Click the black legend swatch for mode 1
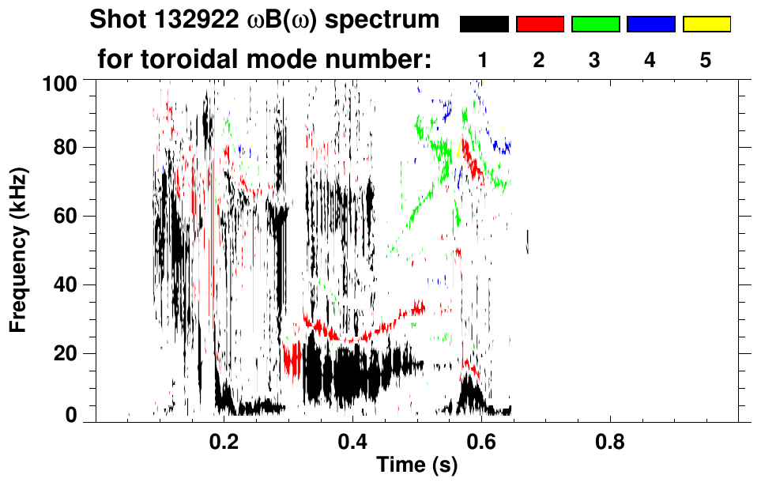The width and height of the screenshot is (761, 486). (484, 24)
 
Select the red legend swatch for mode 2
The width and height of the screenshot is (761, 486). (540, 24)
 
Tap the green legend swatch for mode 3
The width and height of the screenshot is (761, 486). (595, 24)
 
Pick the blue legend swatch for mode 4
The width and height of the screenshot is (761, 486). (650, 24)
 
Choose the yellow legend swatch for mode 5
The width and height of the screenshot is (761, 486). (706, 24)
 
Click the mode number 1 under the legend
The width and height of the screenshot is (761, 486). (484, 61)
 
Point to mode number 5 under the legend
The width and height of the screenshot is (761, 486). (706, 61)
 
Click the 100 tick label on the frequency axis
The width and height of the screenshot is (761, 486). (62, 81)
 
